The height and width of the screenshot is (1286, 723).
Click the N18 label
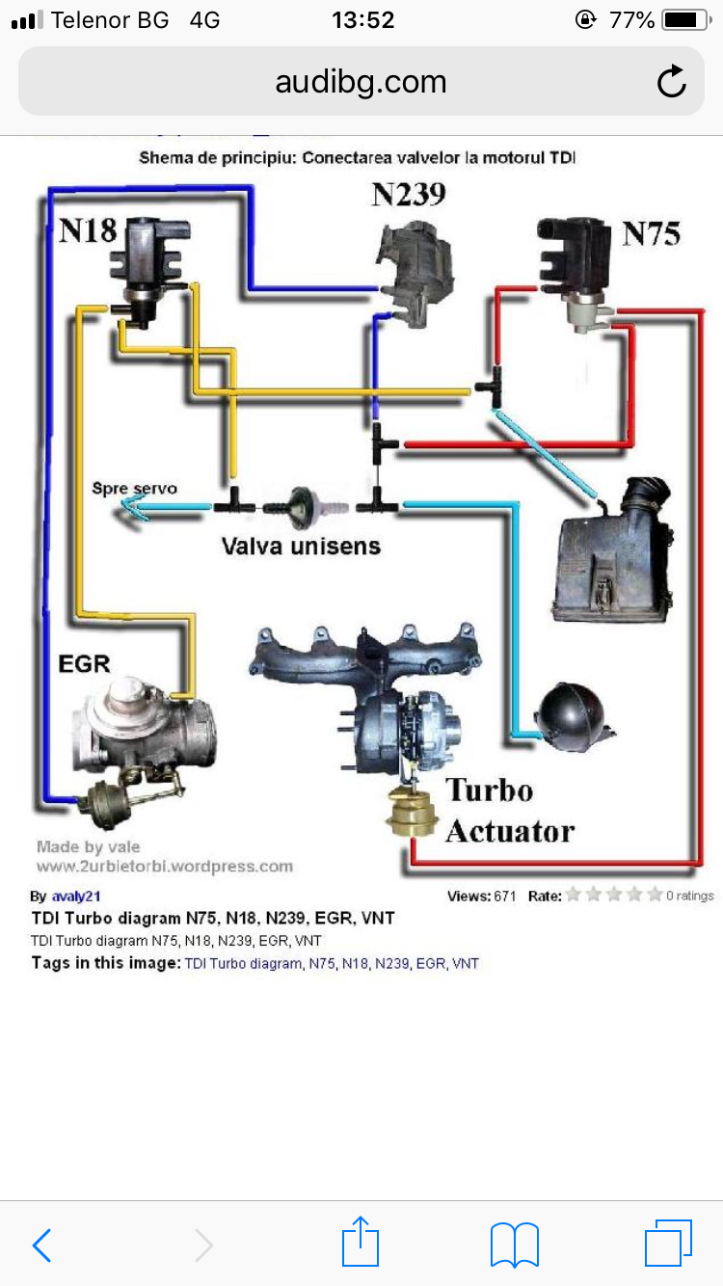[x=88, y=230]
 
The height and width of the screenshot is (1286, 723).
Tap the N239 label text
[x=409, y=195]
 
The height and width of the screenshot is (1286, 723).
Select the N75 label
[x=651, y=233]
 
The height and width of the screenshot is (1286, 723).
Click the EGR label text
[x=84, y=663]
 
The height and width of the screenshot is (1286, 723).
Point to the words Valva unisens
[x=301, y=546]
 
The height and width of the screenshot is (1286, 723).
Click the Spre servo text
[x=134, y=488]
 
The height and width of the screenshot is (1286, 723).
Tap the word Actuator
[x=509, y=831]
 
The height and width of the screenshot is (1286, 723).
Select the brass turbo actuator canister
[x=413, y=814]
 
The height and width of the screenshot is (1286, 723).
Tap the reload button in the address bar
[x=671, y=82]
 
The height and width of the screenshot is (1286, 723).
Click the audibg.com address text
[x=361, y=82]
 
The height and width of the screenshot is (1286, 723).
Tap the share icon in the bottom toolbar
[x=361, y=1243]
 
